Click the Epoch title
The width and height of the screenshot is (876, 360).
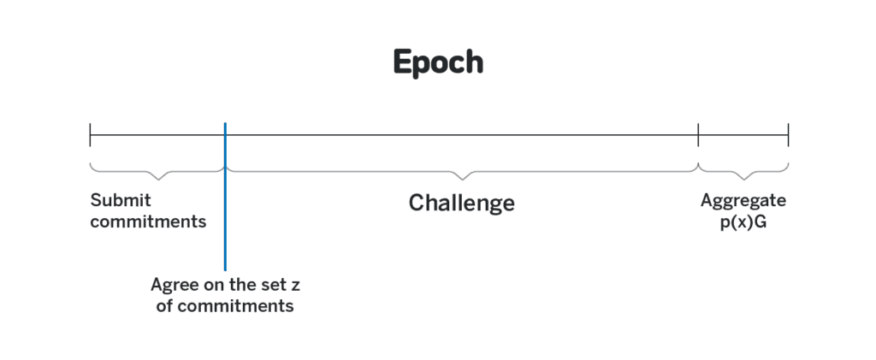(x=438, y=62)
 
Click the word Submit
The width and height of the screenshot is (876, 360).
(x=121, y=200)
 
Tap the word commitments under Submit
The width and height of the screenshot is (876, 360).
(x=148, y=221)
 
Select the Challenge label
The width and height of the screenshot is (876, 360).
(x=461, y=203)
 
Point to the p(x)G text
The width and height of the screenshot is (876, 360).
(x=743, y=222)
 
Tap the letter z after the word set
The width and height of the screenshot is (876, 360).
(x=295, y=286)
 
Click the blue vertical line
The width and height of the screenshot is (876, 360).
(x=225, y=197)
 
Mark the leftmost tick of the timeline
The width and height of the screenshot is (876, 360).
(x=90, y=135)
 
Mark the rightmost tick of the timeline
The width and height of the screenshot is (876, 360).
(x=788, y=135)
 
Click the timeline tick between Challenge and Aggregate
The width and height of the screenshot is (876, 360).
(x=698, y=135)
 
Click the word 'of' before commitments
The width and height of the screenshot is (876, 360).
(x=165, y=306)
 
